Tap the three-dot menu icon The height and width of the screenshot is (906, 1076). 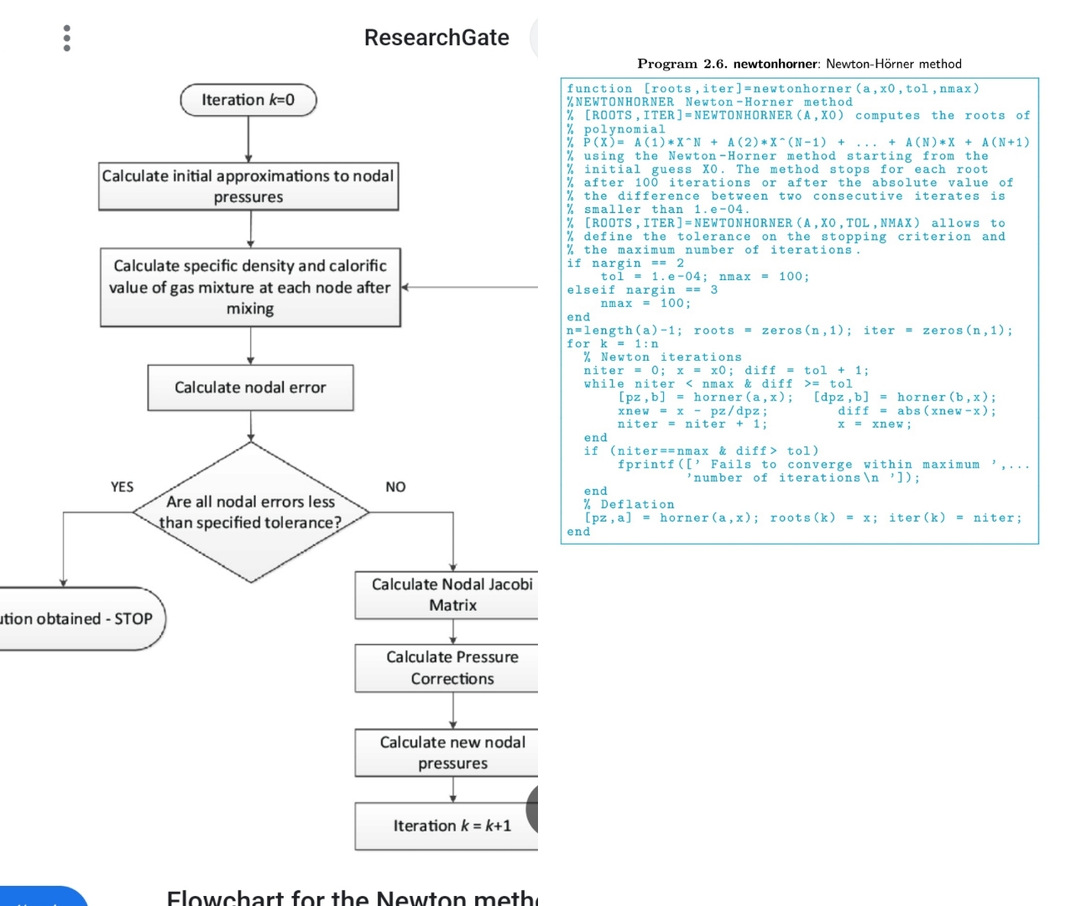[x=67, y=38]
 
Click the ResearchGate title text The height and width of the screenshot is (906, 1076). [x=436, y=38]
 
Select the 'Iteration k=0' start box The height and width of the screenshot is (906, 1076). [x=248, y=100]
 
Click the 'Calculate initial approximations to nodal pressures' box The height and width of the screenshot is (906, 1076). [x=248, y=186]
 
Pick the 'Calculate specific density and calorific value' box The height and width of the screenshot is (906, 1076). [x=250, y=287]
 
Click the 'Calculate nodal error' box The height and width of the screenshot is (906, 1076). [x=250, y=388]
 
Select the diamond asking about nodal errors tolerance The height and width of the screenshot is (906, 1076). [x=251, y=512]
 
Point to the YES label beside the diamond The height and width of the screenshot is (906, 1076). [x=122, y=487]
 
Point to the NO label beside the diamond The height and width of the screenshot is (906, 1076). [x=395, y=487]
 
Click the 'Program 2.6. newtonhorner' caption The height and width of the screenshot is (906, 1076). [x=799, y=64]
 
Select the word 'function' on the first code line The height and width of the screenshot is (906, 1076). [x=599, y=89]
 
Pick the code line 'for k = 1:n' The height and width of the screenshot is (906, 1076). [x=613, y=344]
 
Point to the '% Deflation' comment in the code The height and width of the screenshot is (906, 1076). [x=629, y=504]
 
